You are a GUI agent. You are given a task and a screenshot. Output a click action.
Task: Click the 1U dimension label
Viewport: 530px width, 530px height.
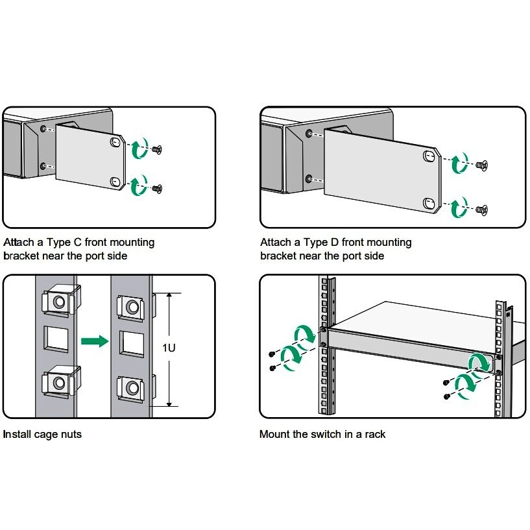click(169, 348)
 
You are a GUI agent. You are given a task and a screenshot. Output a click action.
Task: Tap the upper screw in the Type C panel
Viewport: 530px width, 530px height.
click(157, 150)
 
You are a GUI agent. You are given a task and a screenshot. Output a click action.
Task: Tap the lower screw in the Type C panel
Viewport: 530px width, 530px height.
click(157, 188)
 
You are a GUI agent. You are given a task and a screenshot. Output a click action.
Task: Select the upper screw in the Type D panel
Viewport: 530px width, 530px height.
click(481, 165)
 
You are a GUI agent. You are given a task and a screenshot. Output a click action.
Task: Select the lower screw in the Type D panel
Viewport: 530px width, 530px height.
click(481, 209)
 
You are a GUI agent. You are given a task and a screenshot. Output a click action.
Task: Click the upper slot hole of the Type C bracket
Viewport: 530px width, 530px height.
click(116, 142)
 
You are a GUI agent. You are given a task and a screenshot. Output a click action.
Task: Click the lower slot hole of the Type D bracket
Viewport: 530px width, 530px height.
click(429, 204)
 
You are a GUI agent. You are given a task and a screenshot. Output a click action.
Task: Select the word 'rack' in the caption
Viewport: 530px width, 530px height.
click(373, 434)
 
